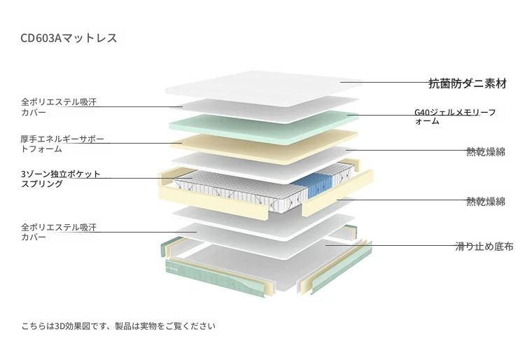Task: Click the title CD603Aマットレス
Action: tap(69, 38)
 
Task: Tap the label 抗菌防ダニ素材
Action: tap(468, 83)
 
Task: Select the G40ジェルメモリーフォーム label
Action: tap(455, 116)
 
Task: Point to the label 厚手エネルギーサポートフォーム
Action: tap(62, 144)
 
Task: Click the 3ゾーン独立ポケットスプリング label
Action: tap(61, 179)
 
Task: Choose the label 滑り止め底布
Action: tap(484, 247)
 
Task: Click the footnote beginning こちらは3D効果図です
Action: tap(118, 326)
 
